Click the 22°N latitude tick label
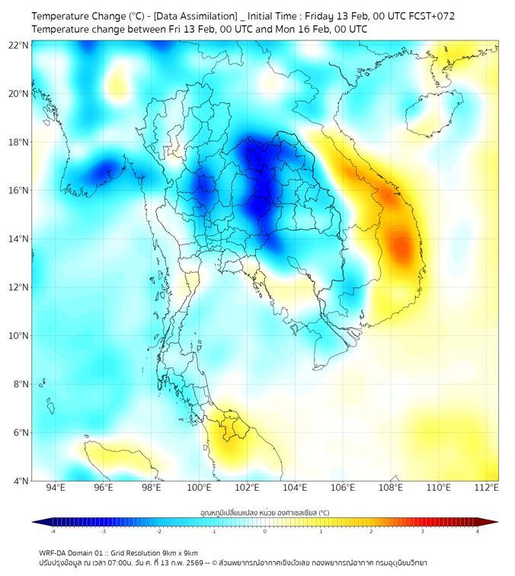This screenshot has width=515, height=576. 19,45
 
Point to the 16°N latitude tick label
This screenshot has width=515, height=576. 19,190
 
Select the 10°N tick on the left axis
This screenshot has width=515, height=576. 19,336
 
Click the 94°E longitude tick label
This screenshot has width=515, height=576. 56,488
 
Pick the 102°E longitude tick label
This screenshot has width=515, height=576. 247,488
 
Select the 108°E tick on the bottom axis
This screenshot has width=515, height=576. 391,488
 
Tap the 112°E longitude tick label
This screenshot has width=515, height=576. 487,488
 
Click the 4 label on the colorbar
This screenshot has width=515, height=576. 477,531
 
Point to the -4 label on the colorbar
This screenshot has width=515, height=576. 52,531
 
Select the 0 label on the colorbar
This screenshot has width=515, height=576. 264,531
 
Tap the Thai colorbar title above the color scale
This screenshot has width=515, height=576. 264,512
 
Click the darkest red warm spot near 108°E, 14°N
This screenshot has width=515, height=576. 402,246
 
